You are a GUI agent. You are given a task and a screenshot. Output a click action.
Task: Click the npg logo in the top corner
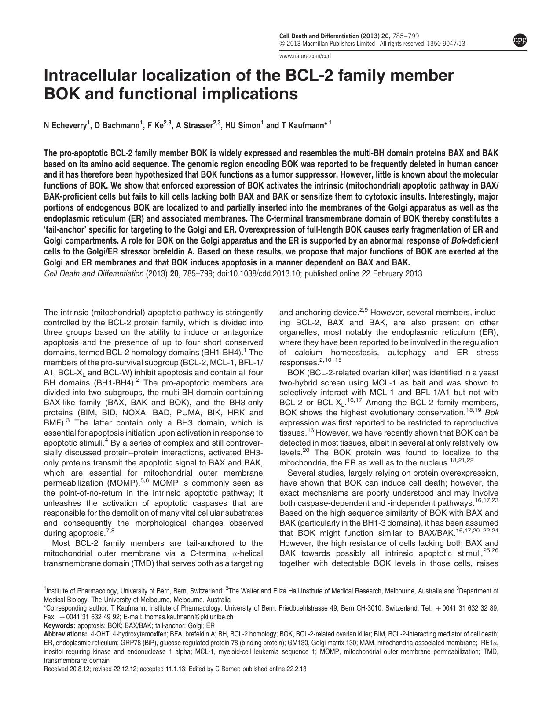tap(520, 41)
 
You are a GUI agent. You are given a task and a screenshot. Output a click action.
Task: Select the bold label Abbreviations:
tap(65, 634)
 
